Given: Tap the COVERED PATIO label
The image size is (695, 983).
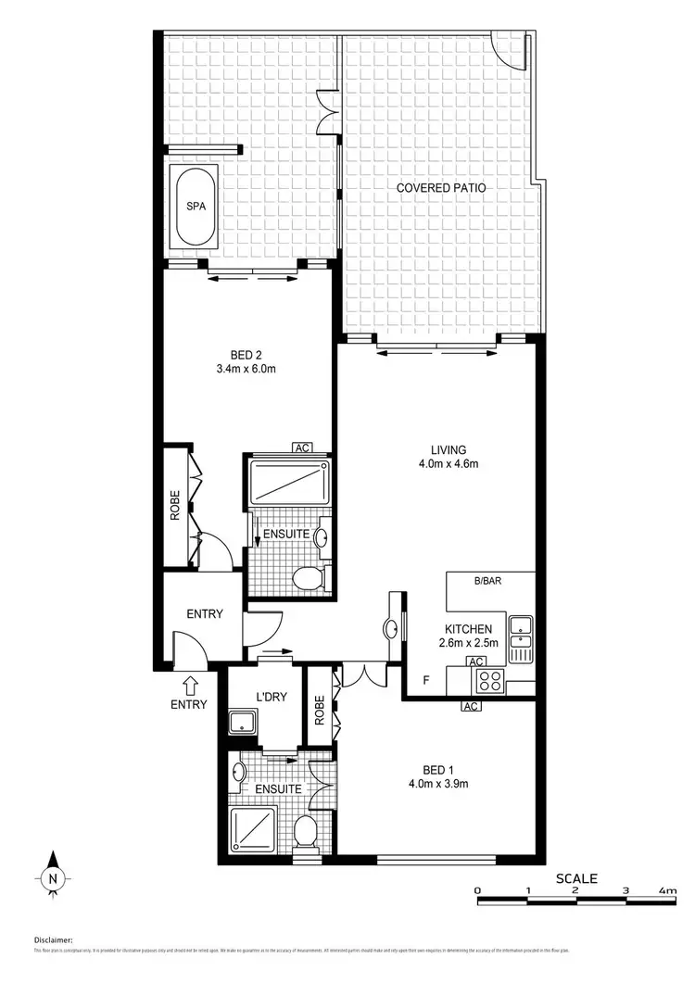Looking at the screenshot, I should coord(441,188).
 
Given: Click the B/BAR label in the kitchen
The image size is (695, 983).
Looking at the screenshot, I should coord(486,582).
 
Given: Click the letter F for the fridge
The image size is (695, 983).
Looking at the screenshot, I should coord(425,681).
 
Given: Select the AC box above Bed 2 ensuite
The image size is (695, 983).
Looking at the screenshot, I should coord(301,447).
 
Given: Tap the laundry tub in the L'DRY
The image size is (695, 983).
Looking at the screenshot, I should coord(244,723).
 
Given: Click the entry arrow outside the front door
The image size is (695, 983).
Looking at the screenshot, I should coord(191,686).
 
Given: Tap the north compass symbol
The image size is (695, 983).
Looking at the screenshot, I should coord(54,876).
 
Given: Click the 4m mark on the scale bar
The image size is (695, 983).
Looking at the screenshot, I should coord(666,890).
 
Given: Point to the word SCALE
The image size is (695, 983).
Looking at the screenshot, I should coord(576,878).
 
